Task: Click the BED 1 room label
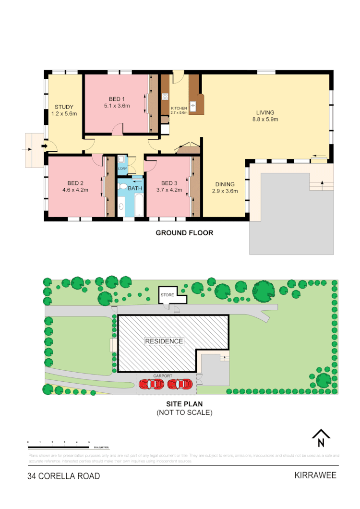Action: pos(117,99)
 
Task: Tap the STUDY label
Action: pos(64,107)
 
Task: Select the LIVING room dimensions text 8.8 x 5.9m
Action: pos(265,120)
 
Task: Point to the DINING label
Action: pos(225,184)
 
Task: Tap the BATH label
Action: pos(135,188)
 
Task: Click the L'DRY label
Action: pos(122,169)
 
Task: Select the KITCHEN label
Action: pos(179,109)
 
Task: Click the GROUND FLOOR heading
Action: pos(184,233)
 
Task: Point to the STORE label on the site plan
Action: pos(167,295)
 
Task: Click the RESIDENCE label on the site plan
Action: pos(164,341)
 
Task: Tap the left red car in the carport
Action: pos(151,384)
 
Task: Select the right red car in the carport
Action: pos(180,384)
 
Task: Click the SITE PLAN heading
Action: pos(184,404)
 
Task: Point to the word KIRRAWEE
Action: pos(315,475)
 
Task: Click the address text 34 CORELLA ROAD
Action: pos(64,476)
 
